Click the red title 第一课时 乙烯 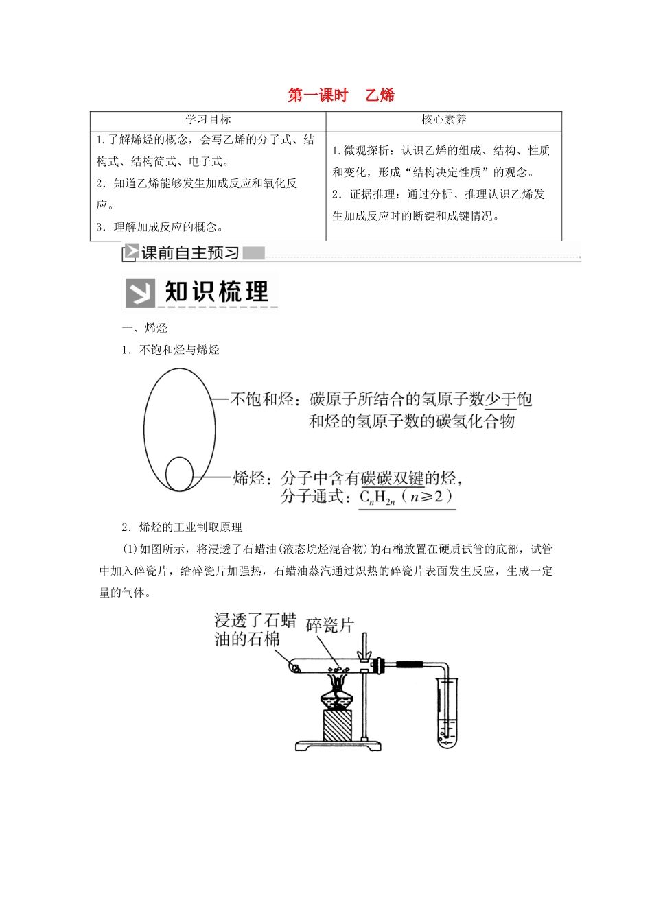(x=341, y=95)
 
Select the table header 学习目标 (x=208, y=119)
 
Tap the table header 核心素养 (x=444, y=119)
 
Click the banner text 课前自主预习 (x=190, y=253)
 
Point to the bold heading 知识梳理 (x=217, y=292)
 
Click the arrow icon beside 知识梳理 (x=141, y=293)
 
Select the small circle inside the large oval (x=179, y=474)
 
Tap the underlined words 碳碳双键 (x=393, y=478)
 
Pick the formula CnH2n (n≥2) (x=407, y=497)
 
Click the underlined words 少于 (x=500, y=399)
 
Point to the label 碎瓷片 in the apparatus (x=329, y=625)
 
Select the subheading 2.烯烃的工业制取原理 (x=182, y=527)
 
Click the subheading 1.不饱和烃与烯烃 (x=170, y=350)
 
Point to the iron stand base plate (x=338, y=745)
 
